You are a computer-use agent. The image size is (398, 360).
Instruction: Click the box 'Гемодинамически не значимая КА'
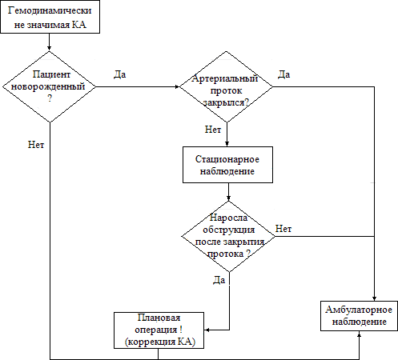[x=50, y=17]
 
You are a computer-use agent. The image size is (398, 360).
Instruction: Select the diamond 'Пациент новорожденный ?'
[x=50, y=86]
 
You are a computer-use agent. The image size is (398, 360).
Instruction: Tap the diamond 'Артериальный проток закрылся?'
[x=227, y=86]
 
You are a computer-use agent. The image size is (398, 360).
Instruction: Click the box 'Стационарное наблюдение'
[x=227, y=165]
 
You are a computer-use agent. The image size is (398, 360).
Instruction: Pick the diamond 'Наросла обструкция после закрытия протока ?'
[x=228, y=236]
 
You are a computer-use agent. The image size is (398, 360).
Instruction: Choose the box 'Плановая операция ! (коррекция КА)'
[x=159, y=330]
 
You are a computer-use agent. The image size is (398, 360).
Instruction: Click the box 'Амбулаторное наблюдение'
[x=360, y=316]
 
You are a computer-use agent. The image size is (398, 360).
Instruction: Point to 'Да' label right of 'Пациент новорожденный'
[x=119, y=74]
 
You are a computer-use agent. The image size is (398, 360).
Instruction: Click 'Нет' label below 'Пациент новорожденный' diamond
[x=36, y=145]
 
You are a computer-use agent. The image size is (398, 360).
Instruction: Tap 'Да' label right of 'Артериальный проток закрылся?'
[x=283, y=74]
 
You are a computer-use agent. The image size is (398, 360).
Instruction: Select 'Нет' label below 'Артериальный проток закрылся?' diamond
[x=213, y=130]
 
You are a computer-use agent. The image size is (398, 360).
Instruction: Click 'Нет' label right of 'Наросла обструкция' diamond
[x=283, y=229]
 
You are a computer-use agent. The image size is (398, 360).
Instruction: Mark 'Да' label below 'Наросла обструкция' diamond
[x=219, y=280]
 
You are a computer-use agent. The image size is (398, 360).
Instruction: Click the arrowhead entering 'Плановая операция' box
[x=207, y=330]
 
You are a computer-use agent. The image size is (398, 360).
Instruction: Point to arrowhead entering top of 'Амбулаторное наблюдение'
[x=374, y=298]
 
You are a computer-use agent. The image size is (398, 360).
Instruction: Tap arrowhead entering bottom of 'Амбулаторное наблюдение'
[x=360, y=334]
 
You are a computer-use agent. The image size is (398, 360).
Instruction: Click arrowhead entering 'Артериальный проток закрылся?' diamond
[x=177, y=86]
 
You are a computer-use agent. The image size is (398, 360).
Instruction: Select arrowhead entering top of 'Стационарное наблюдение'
[x=227, y=144]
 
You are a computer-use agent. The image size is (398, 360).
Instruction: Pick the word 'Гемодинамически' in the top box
[x=50, y=10]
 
